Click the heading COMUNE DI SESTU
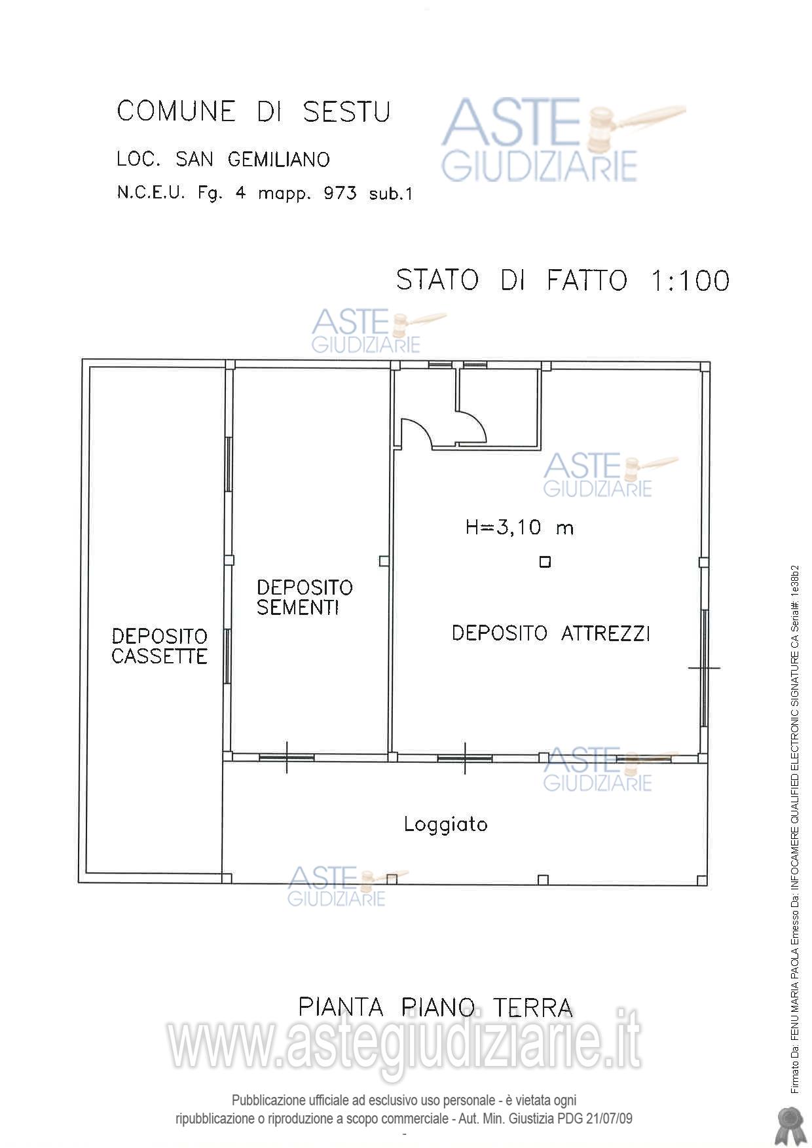253,111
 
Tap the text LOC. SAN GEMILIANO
223,159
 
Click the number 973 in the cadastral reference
340,193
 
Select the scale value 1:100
690,280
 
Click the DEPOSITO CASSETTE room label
159,646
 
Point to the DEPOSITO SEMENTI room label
304,597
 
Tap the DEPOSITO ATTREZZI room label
551,633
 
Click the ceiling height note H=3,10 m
519,527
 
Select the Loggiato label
445,824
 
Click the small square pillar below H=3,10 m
545,562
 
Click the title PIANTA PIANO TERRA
435,1007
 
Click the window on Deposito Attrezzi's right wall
705,668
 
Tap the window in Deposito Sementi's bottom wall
286,757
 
